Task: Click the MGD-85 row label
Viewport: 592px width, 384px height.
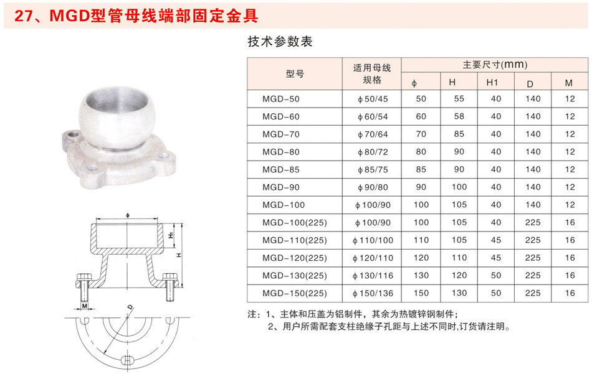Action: pyautogui.click(x=281, y=170)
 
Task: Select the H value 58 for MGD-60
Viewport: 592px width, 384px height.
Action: pyautogui.click(x=459, y=116)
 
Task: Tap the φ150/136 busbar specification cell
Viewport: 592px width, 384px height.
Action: pyautogui.click(x=373, y=294)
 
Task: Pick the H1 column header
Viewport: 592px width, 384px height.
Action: pyautogui.click(x=492, y=83)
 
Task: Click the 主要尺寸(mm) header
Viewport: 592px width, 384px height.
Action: pyautogui.click(x=495, y=65)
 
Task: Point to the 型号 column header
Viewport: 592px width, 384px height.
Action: pyautogui.click(x=295, y=74)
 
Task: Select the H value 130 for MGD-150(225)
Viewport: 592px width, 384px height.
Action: pyautogui.click(x=459, y=293)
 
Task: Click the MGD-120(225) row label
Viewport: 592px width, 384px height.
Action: pyautogui.click(x=295, y=258)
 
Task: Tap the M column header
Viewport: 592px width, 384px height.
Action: pyautogui.click(x=569, y=83)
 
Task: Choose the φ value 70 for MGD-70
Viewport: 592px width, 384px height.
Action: pyautogui.click(x=421, y=134)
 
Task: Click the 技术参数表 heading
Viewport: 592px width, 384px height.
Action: pyautogui.click(x=280, y=42)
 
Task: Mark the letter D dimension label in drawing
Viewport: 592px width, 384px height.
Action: pyautogui.click(x=130, y=307)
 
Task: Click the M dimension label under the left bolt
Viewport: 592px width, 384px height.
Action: pyautogui.click(x=85, y=306)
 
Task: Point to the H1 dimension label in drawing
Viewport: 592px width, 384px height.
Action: pyautogui.click(x=171, y=235)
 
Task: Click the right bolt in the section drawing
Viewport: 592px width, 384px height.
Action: pyautogui.click(x=170, y=287)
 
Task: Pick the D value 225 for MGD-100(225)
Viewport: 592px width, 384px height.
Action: pyautogui.click(x=532, y=223)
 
